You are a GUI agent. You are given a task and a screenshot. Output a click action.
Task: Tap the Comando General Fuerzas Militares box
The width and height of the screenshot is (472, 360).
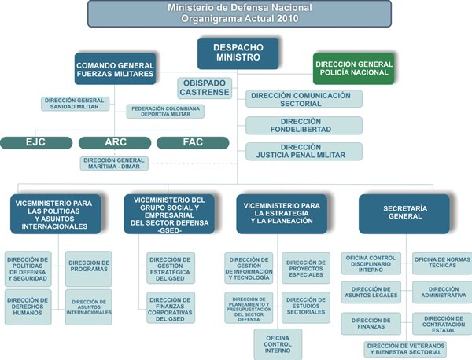tap(116, 68)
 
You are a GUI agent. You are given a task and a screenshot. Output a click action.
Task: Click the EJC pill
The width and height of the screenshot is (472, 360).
tap(36, 142)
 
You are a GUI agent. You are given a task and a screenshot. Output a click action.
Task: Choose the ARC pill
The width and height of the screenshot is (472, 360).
tap(115, 142)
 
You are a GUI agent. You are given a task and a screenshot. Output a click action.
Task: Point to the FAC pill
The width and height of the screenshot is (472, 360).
tap(193, 142)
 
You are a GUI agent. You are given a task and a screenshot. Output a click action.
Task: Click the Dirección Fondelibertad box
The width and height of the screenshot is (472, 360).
tap(304, 125)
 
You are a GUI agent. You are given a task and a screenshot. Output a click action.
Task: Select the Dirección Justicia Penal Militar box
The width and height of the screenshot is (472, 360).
tap(304, 151)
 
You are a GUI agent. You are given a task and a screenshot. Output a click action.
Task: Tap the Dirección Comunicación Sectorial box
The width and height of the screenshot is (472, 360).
tap(304, 98)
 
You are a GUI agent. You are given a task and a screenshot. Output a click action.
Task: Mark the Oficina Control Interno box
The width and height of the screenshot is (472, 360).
tap(278, 343)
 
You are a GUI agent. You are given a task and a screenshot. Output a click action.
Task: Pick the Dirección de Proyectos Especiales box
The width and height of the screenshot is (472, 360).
tap(305, 267)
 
